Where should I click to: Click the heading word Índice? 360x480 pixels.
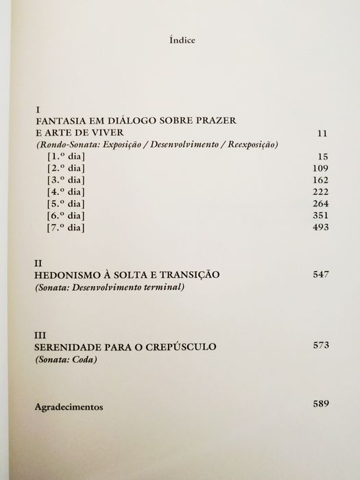pyautogui.click(x=181, y=40)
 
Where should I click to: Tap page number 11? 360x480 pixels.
pyautogui.click(x=324, y=133)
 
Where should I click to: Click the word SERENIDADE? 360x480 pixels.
pyautogui.click(x=69, y=348)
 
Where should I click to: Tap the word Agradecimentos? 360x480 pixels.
pyautogui.click(x=69, y=406)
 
